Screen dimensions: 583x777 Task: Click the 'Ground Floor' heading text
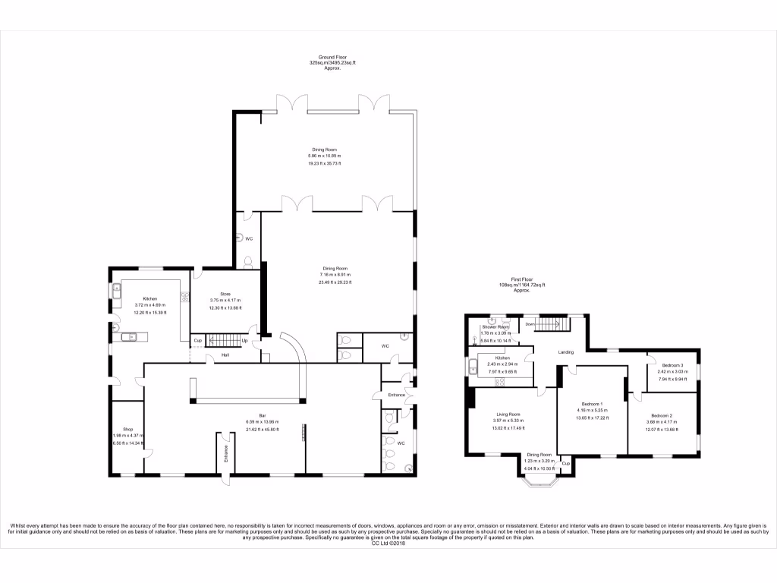point(328,57)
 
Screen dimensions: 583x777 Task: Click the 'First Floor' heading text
point(521,279)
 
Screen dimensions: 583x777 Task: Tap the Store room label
point(225,294)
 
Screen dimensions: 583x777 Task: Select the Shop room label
point(117,429)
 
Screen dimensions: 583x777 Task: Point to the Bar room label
point(262,415)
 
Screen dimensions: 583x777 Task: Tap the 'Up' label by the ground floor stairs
point(244,341)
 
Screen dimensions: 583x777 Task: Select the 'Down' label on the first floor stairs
point(530,324)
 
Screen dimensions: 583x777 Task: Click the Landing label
point(565,352)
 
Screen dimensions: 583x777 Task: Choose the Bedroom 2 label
point(661,416)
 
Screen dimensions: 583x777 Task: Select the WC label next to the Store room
point(248,238)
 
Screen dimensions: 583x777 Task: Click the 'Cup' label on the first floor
point(565,463)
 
